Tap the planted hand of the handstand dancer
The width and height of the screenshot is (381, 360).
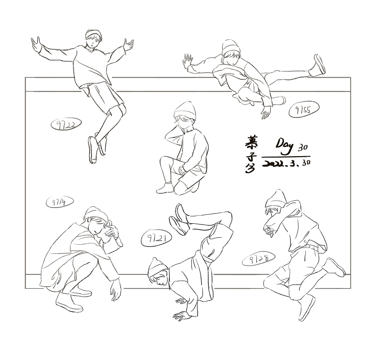[181, 315]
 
